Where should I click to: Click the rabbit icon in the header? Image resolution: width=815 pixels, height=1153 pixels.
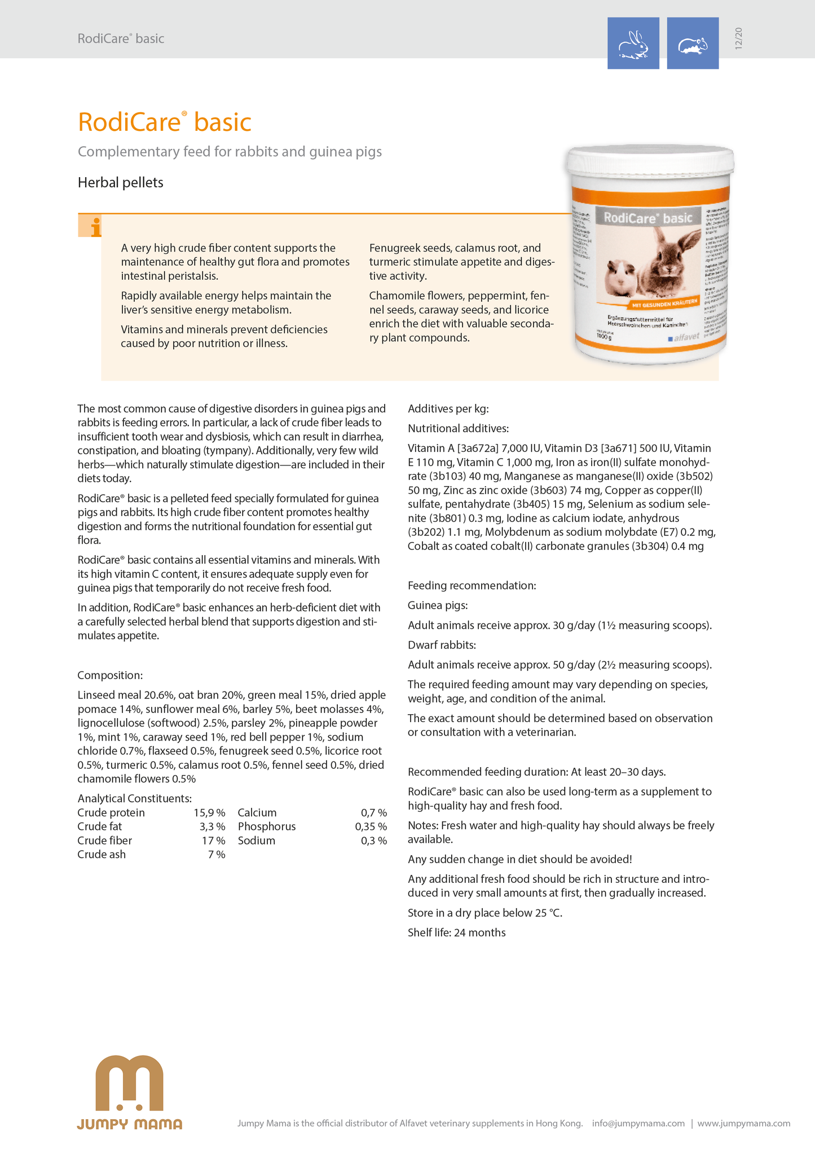pos(633,43)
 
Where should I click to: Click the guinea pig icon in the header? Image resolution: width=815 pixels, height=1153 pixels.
pos(693,43)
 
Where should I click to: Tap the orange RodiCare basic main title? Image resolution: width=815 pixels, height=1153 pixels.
pos(164,122)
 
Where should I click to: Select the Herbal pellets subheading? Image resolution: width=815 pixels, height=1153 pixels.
pos(120,183)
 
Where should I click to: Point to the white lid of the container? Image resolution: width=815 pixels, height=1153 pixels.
pos(650,163)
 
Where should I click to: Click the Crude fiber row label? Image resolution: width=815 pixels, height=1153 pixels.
pos(104,840)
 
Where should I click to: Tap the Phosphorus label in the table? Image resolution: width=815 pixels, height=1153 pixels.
pos(266,826)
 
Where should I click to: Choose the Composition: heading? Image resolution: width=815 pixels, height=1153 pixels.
pos(110,675)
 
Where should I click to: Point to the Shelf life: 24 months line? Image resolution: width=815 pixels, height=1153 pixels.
pos(456,932)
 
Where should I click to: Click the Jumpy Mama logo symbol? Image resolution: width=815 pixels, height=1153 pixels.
pos(129,1082)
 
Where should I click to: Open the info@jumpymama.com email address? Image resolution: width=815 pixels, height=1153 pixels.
pos(638,1123)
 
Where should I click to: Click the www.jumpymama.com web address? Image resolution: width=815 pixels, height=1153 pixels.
pos(743,1123)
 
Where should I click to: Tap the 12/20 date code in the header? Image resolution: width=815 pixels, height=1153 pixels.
pos(739,38)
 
